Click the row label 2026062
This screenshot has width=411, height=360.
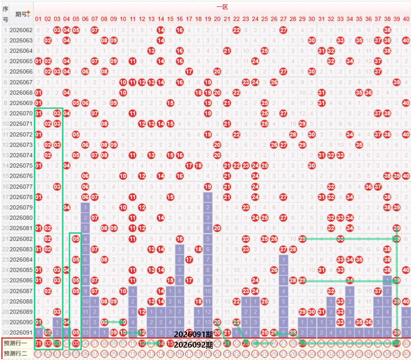pos(21,30)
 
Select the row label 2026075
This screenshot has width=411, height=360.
pos(21,165)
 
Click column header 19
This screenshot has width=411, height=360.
pos(208,19)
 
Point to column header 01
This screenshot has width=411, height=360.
pos(38,19)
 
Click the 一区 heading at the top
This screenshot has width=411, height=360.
pos(222,7)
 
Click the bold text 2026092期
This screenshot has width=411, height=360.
pos(193,345)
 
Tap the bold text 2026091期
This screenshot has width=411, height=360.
pos(193,334)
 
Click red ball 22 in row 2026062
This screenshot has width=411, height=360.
pos(236,30)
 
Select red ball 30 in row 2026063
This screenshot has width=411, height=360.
pos(311,40)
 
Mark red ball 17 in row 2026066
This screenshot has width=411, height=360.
pos(189,71)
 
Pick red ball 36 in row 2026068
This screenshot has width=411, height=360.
pos(368,92)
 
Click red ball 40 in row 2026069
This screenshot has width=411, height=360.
pos(406,102)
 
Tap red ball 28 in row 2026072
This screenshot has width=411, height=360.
pos(293,134)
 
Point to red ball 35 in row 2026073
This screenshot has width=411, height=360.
pos(359,144)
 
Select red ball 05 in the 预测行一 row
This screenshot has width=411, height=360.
pos(76,343)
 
